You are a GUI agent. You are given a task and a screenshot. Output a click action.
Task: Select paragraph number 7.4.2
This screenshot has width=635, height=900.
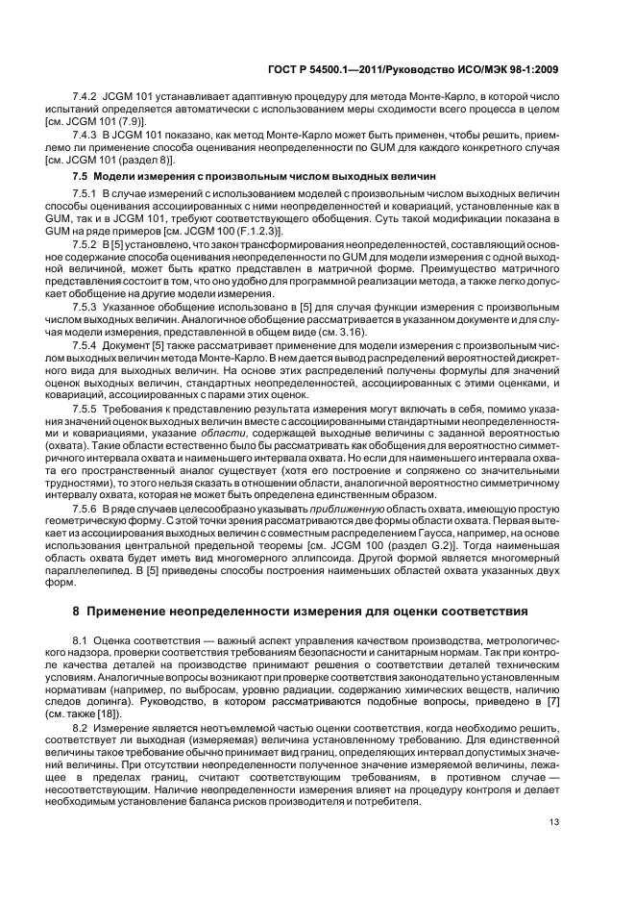(86, 99)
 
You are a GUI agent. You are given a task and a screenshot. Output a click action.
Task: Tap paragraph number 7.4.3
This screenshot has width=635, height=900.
(86, 135)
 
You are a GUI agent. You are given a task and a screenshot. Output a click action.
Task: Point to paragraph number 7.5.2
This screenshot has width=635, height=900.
(86, 244)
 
